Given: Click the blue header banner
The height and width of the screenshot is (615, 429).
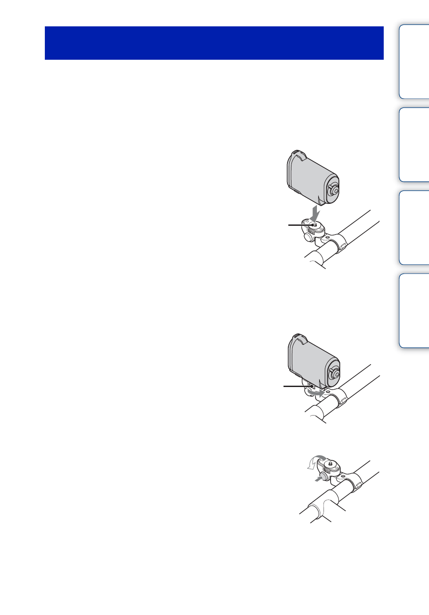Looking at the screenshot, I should [214, 43].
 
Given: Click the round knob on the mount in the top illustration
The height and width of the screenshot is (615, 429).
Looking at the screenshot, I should [309, 236].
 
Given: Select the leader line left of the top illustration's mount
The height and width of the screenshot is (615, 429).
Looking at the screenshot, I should [300, 225].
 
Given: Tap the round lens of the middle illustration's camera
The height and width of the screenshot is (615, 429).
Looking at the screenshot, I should [334, 373].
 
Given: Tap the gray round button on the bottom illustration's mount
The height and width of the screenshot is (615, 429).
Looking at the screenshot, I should [324, 476].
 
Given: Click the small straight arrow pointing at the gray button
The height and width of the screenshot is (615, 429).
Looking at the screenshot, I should [318, 480].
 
